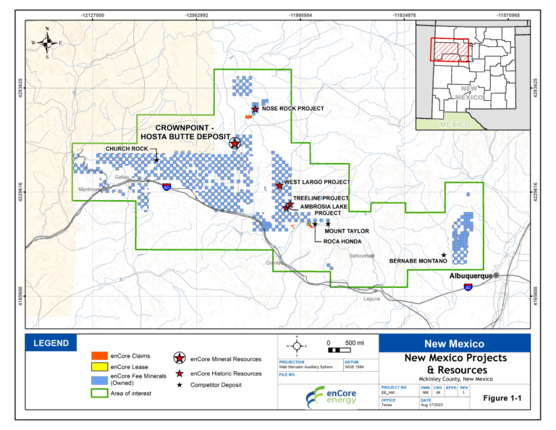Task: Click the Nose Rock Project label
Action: pyautogui.click(x=292, y=109)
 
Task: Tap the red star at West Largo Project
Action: pyautogui.click(x=279, y=186)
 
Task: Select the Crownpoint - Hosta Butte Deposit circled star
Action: pyautogui.click(x=235, y=143)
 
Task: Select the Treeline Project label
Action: pyautogui.click(x=321, y=198)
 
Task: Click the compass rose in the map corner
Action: pyautogui.click(x=47, y=43)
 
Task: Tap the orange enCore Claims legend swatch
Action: pyautogui.click(x=99, y=356)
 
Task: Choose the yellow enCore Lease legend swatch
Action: pyautogui.click(x=99, y=368)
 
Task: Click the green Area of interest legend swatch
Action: pyautogui.click(x=99, y=394)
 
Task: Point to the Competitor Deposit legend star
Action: pyautogui.click(x=178, y=385)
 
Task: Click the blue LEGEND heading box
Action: pyautogui.click(x=51, y=343)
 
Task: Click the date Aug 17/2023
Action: pyautogui.click(x=432, y=405)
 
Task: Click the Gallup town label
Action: pyautogui.click(x=121, y=176)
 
